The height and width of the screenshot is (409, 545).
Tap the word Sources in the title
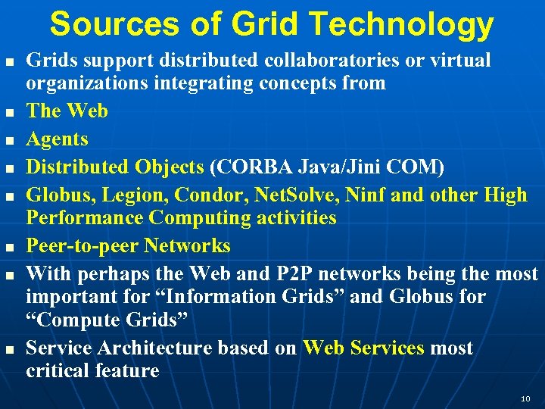[102, 24]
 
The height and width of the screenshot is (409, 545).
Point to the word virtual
[462, 60]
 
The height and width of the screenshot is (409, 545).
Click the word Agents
[58, 139]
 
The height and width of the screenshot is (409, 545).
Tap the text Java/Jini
[329, 167]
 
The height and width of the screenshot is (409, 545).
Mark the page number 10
[525, 398]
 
